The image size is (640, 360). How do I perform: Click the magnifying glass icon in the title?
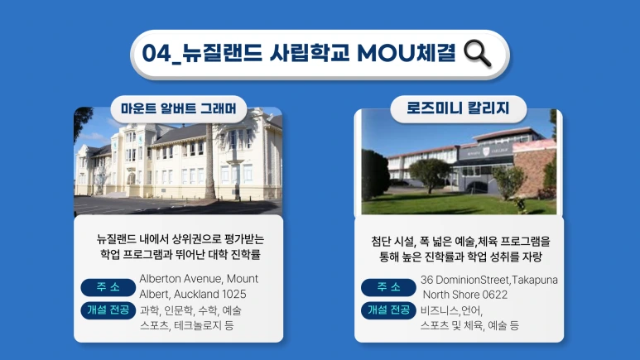point(479,54)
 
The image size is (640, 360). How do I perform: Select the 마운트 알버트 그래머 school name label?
point(178,108)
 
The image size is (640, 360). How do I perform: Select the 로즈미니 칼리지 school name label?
point(458,108)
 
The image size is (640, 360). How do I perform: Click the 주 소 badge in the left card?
point(108,287)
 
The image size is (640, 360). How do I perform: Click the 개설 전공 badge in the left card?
point(108,310)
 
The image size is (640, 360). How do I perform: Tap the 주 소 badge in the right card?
point(387,287)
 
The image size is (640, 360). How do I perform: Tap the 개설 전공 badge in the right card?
point(387,310)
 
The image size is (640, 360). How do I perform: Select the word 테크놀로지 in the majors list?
point(200,326)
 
